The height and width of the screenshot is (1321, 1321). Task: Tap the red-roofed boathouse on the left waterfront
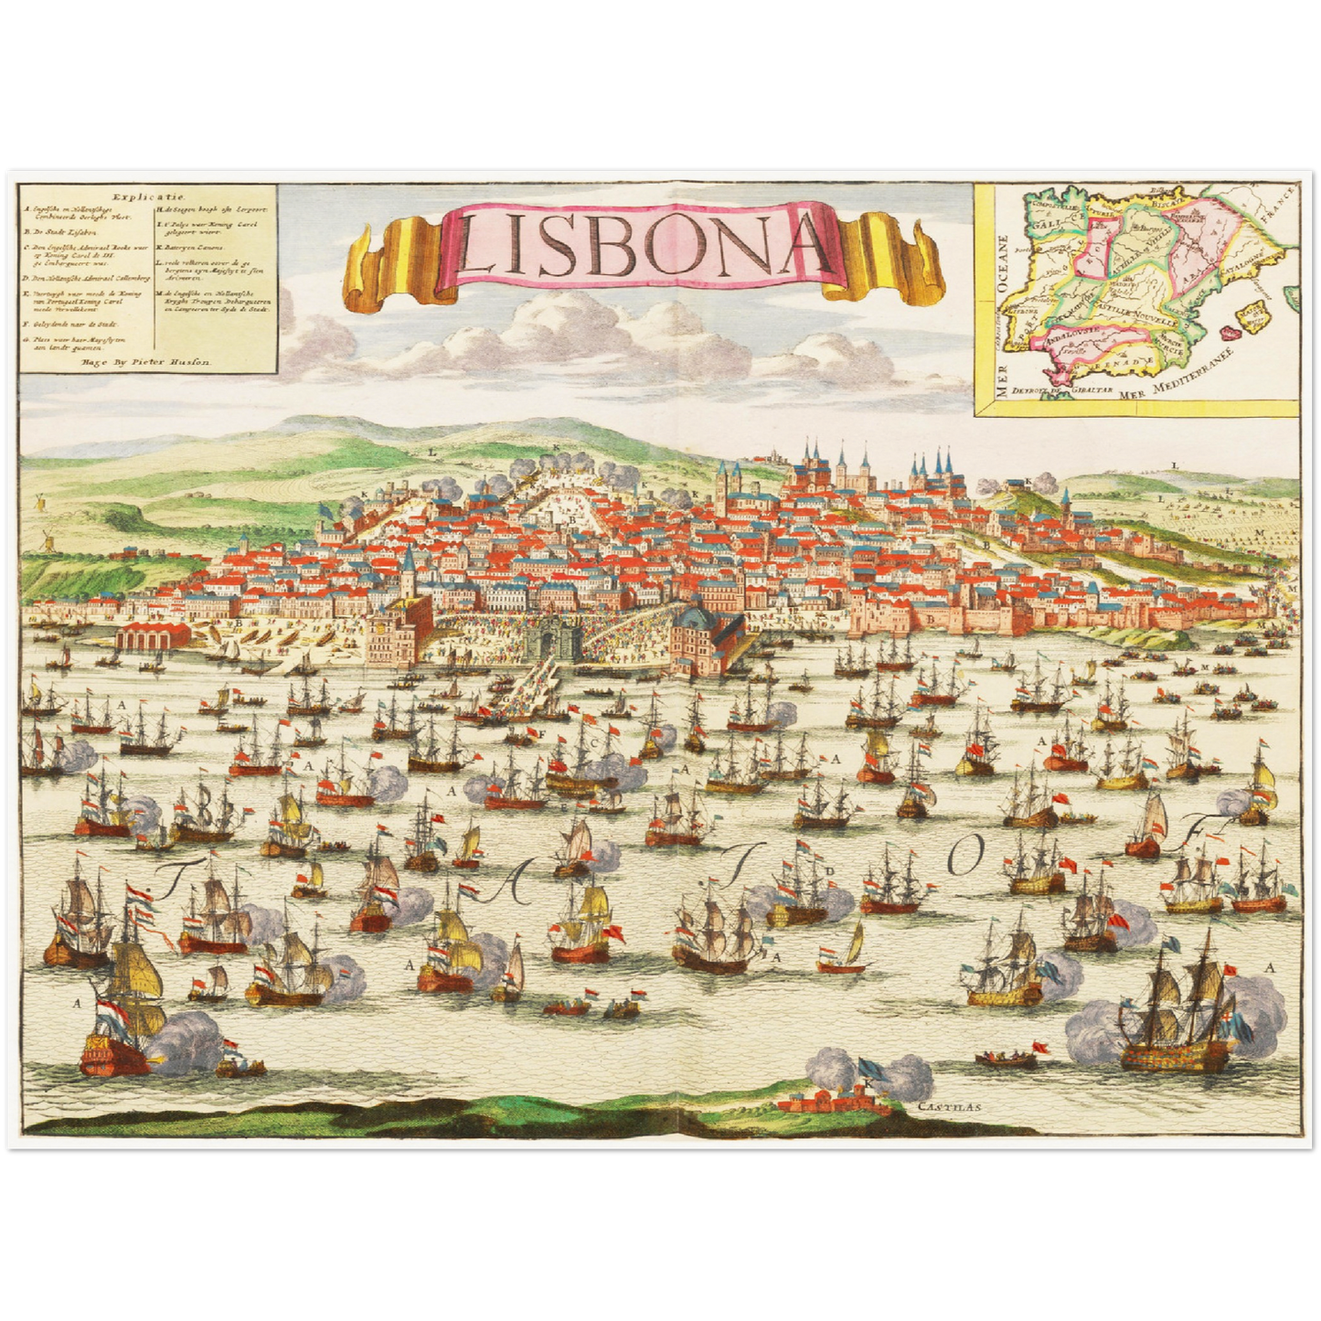[153, 633]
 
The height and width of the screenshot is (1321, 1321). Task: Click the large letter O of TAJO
[965, 855]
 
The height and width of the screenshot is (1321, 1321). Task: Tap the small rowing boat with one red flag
[1006, 1059]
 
